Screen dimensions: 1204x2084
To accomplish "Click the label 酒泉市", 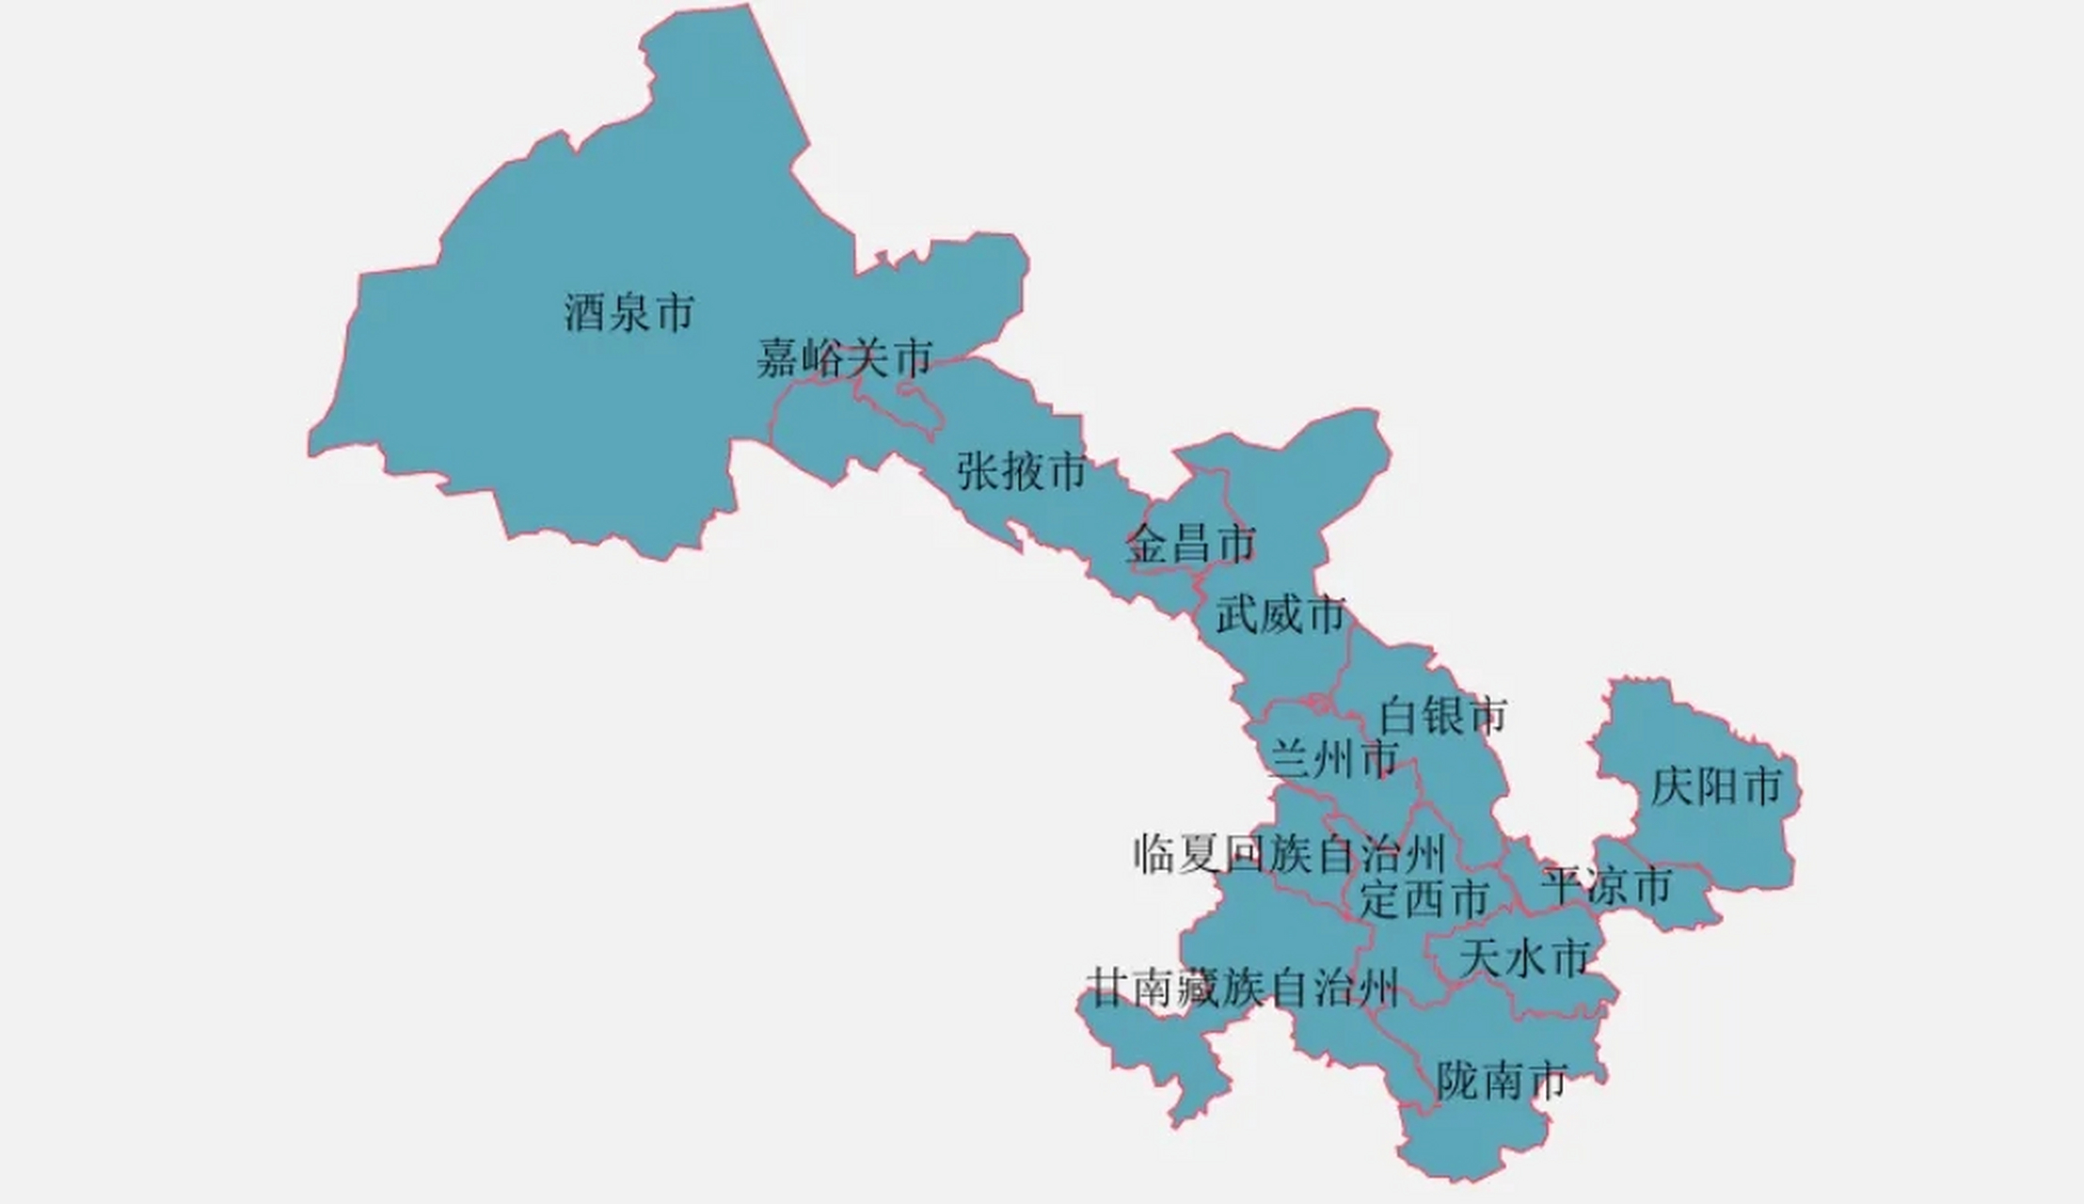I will pyautogui.click(x=628, y=312).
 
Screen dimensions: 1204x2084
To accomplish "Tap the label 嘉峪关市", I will pyautogui.click(x=844, y=357).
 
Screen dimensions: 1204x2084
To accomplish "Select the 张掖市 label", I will pyautogui.click(x=1022, y=470).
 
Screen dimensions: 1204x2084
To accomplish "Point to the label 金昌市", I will pyautogui.click(x=1191, y=544).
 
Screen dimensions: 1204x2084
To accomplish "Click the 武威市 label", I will pyautogui.click(x=1281, y=615).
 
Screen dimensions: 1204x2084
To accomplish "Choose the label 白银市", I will pyautogui.click(x=1443, y=716).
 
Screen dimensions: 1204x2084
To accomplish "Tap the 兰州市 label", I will pyautogui.click(x=1333, y=758).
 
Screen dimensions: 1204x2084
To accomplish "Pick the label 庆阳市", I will pyautogui.click(x=1716, y=786).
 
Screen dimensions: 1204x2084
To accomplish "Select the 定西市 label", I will pyautogui.click(x=1424, y=899).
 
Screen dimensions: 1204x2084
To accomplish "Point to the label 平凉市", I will pyautogui.click(x=1606, y=886).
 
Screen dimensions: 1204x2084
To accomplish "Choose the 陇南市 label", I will pyautogui.click(x=1502, y=1081).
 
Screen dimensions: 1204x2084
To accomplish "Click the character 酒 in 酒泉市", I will pyautogui.click(x=584, y=312).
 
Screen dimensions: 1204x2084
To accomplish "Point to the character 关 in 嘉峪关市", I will pyautogui.click(x=866, y=357).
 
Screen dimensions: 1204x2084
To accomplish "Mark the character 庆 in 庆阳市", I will pyautogui.click(x=1672, y=786).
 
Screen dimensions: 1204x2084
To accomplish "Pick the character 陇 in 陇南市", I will pyautogui.click(x=1458, y=1081).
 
